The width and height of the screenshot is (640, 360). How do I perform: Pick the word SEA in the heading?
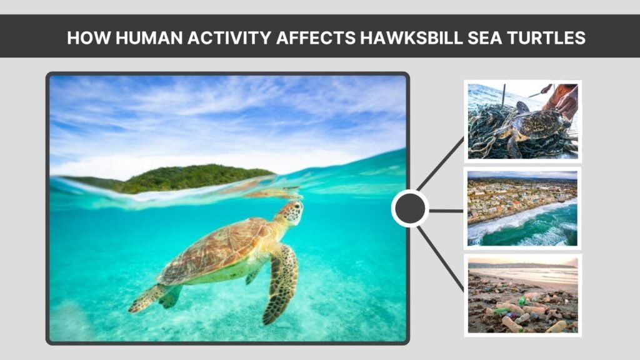(x=479, y=37)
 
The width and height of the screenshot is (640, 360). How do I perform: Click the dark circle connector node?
(x=410, y=208)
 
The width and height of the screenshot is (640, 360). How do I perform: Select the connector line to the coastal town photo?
(x=446, y=211)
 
